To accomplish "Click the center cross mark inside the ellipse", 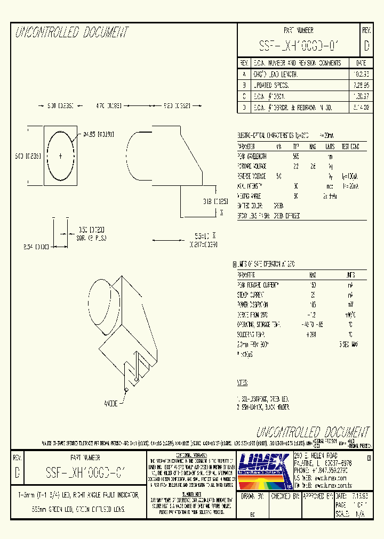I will (60, 156).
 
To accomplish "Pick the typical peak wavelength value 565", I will (296, 157).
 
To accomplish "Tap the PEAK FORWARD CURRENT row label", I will (258, 285).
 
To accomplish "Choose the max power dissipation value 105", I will (313, 305).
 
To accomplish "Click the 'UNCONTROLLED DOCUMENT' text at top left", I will (72, 33).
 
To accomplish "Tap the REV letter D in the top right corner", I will (366, 46).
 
